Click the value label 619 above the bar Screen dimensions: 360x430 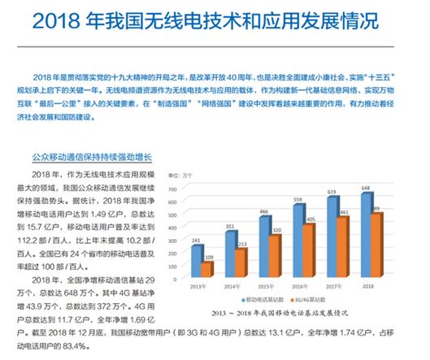click(x=331, y=192)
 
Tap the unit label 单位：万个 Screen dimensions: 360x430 click(x=180, y=176)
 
